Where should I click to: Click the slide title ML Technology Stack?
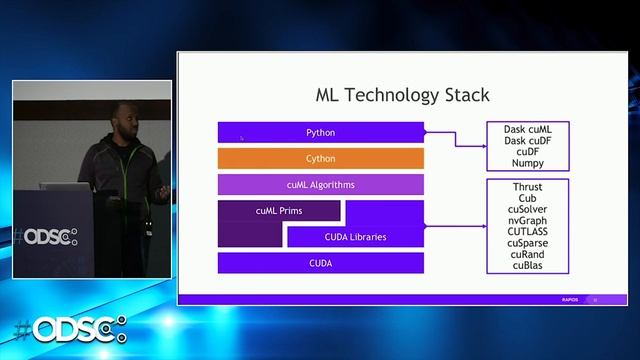[x=402, y=96]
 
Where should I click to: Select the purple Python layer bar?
[x=320, y=132]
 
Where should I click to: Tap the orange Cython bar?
[x=320, y=158]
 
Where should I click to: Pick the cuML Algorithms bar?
[x=320, y=185]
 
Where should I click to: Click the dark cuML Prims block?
[x=279, y=211]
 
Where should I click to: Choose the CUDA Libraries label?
[x=355, y=237]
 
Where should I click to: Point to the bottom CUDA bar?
[x=320, y=263]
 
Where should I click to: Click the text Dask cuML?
[x=527, y=130]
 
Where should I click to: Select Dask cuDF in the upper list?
[x=527, y=141]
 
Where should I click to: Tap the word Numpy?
[x=527, y=163]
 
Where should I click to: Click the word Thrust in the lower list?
[x=527, y=187]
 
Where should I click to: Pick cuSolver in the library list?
[x=527, y=210]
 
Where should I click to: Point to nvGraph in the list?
[x=527, y=221]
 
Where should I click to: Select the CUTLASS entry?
[x=527, y=232]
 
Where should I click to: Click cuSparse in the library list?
[x=527, y=243]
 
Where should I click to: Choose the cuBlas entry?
[x=527, y=265]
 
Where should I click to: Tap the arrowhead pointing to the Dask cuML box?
[x=482, y=146]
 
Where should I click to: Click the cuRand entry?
[x=527, y=254]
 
